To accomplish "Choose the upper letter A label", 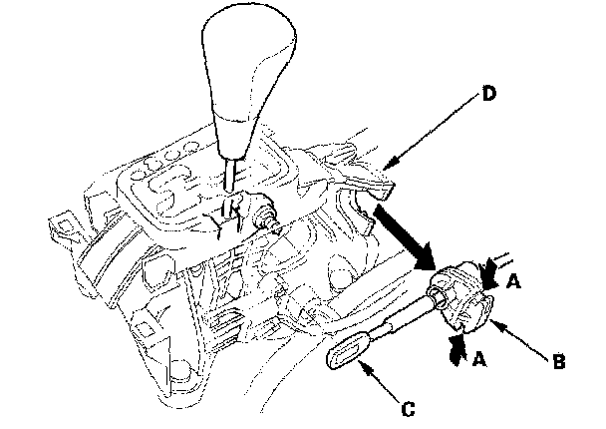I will [x=512, y=281].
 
